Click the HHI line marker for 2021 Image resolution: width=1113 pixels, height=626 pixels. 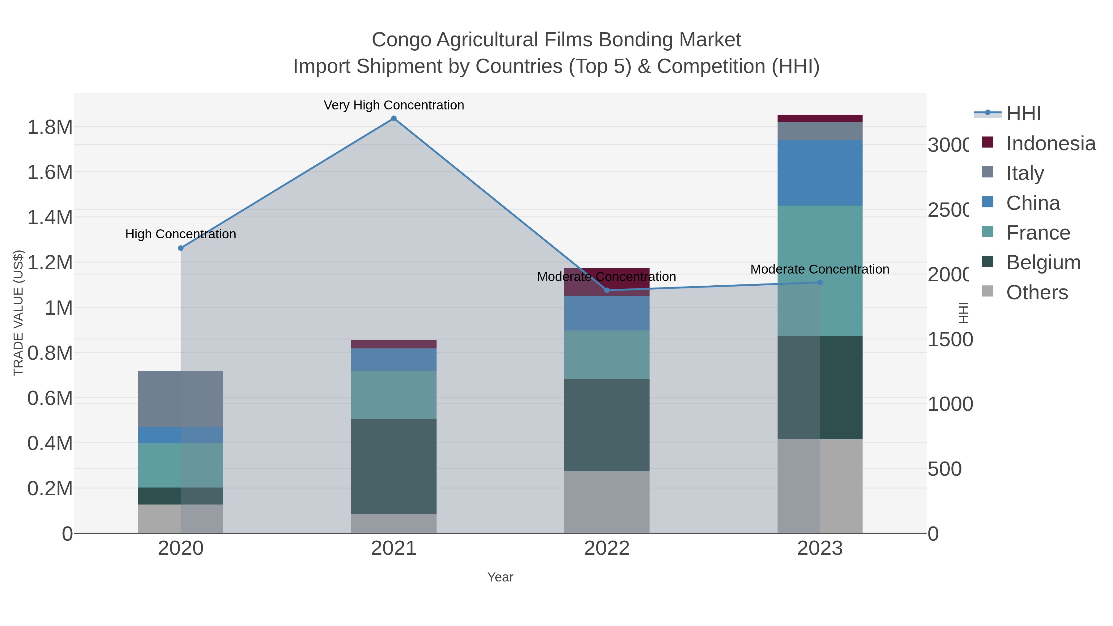(x=394, y=118)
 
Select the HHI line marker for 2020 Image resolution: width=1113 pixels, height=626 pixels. (x=181, y=248)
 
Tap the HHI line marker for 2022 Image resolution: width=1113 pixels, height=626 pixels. (x=607, y=290)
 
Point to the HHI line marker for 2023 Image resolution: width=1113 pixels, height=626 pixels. (x=820, y=283)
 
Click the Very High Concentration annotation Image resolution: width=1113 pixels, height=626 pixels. (x=394, y=105)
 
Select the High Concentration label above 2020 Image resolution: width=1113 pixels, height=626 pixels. (x=181, y=234)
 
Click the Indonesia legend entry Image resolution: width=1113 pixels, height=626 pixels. (x=1050, y=143)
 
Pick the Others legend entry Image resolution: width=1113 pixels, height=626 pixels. (x=1037, y=292)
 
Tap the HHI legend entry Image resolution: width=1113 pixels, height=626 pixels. (x=1023, y=114)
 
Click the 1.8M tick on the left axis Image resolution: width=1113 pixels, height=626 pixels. (x=50, y=127)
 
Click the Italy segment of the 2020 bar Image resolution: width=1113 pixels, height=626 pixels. (x=181, y=398)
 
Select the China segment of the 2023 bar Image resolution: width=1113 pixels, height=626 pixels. (x=820, y=173)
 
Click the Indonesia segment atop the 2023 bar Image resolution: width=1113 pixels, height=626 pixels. (x=820, y=118)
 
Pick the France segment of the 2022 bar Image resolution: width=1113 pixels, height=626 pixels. (x=607, y=354)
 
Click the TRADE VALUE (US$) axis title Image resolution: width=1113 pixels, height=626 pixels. (x=18, y=312)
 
